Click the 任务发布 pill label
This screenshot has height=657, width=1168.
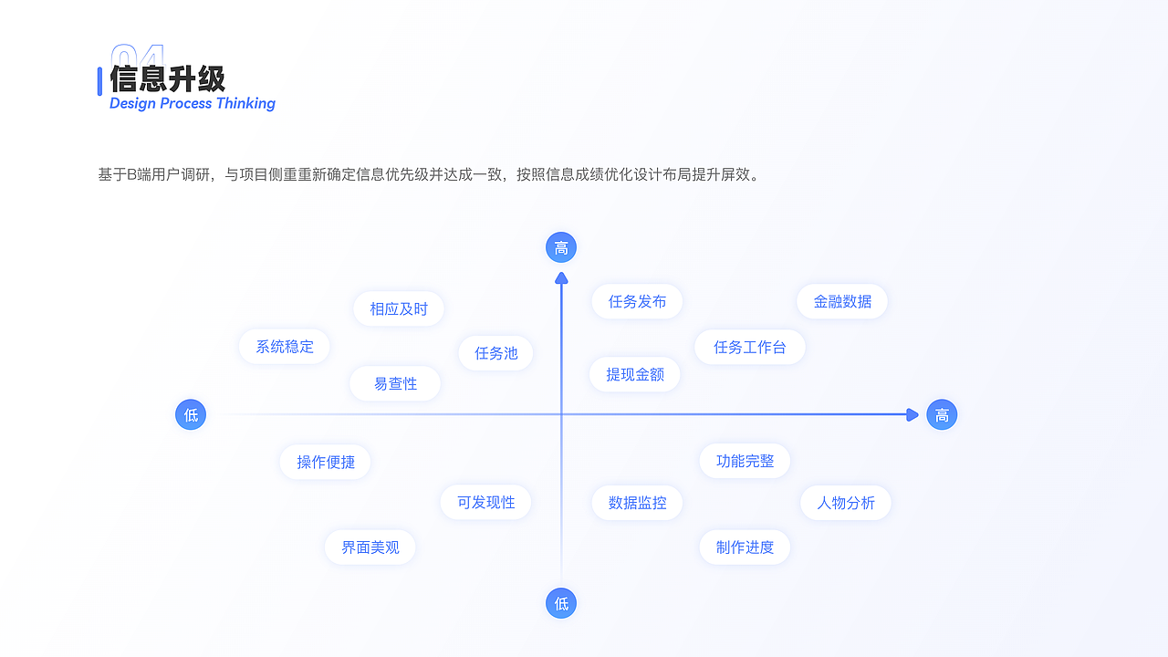coord(637,301)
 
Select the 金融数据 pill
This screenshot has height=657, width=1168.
coord(842,301)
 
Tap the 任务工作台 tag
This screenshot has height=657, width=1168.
coord(750,347)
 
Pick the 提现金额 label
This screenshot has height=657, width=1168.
coord(635,374)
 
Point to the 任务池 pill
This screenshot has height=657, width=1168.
coord(496,353)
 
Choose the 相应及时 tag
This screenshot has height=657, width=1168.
coord(399,308)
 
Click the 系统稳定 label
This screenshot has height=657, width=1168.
coord(285,347)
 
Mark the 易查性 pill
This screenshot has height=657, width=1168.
coord(395,383)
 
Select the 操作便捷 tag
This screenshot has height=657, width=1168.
coord(326,462)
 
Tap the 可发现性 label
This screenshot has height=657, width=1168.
coord(485,502)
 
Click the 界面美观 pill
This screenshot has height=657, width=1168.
coord(370,547)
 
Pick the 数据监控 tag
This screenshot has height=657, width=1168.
coord(637,502)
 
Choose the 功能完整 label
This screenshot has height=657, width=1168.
coord(745,461)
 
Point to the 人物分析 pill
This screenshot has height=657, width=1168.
coord(846,502)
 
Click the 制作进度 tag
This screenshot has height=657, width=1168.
coord(745,547)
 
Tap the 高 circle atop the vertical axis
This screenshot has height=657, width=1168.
coord(561,247)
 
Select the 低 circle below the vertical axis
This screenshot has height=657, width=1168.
coord(561,603)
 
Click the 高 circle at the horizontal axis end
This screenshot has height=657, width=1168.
coord(942,415)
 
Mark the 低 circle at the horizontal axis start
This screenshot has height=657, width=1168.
coord(191,415)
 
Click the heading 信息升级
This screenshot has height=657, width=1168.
coord(168,78)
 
